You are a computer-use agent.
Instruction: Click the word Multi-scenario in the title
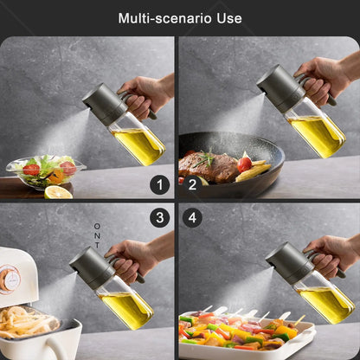(x=165, y=18)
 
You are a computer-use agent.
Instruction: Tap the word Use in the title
(x=229, y=18)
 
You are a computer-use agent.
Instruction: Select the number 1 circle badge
(x=160, y=184)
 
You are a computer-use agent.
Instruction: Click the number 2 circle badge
(x=192, y=184)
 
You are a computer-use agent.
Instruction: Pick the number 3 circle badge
(x=160, y=217)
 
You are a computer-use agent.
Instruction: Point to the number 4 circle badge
(x=192, y=217)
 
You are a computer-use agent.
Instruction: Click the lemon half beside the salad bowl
(x=58, y=193)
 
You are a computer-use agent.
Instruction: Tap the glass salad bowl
(x=46, y=172)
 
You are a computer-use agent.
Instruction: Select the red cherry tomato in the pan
(x=245, y=164)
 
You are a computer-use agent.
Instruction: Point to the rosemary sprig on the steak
(x=205, y=159)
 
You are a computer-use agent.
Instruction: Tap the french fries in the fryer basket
(x=25, y=322)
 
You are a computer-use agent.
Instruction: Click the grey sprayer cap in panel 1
(x=105, y=104)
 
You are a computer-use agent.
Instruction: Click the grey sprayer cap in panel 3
(x=93, y=267)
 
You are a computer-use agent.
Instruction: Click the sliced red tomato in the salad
(x=31, y=170)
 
